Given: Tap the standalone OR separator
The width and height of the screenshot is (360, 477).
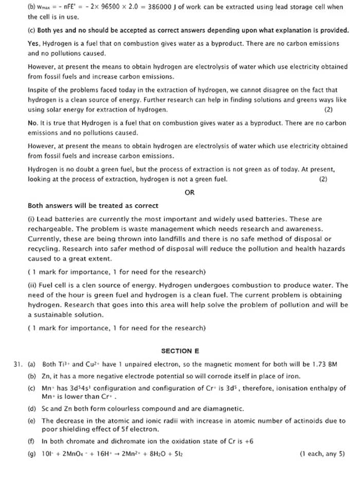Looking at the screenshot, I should [189, 193].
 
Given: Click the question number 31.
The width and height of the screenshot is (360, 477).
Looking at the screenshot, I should [18, 364].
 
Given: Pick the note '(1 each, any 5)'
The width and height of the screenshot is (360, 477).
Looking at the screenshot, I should [322, 454].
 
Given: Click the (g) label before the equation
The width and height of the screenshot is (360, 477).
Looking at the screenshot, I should [32, 454].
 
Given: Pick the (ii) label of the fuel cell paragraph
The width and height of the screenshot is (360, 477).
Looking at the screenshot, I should [32, 285].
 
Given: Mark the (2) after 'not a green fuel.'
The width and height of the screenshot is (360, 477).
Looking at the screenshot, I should [323, 179].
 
